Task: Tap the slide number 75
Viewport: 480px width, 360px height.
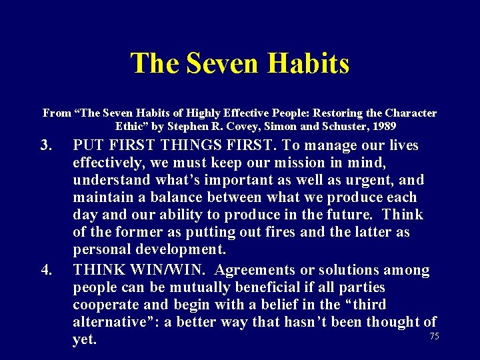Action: (434, 337)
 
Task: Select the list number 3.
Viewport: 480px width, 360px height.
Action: (45, 145)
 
